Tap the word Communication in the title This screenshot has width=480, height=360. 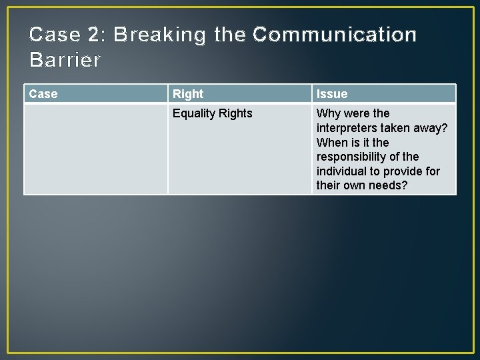(x=335, y=35)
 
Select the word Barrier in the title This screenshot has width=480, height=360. (x=65, y=60)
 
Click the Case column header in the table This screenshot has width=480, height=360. (x=43, y=94)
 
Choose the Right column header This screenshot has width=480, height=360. (x=188, y=94)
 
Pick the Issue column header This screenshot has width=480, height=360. (x=332, y=94)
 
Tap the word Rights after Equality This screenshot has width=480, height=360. (x=236, y=113)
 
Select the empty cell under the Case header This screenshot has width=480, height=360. (x=95, y=149)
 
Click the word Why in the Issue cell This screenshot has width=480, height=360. (x=328, y=113)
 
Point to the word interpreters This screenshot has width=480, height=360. (x=348, y=128)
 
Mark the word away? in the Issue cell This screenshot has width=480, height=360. (x=431, y=128)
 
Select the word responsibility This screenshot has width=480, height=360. (x=357, y=157)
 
